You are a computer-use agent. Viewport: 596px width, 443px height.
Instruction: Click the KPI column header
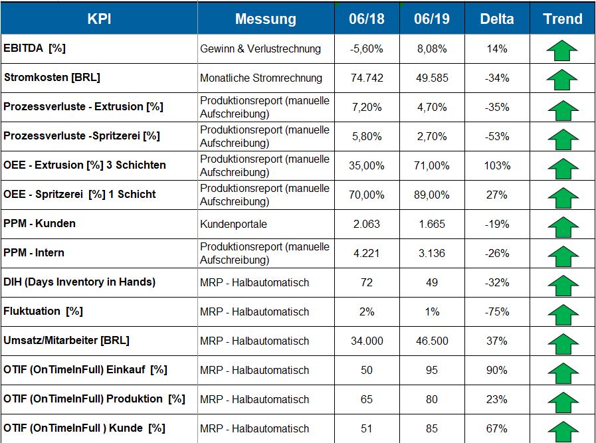click(x=99, y=19)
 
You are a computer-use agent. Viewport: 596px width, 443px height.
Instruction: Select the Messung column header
click(x=265, y=19)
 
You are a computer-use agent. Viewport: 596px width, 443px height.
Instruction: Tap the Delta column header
click(x=496, y=19)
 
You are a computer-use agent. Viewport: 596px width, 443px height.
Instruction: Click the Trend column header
click(x=562, y=19)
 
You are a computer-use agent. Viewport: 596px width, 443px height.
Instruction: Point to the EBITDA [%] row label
click(x=35, y=48)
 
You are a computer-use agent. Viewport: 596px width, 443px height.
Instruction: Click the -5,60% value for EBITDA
click(x=366, y=49)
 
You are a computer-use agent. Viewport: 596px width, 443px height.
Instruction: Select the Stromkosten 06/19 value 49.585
click(x=431, y=78)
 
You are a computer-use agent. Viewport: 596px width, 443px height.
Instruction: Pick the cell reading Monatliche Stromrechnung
click(x=260, y=78)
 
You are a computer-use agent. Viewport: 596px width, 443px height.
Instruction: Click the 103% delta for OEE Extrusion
click(x=496, y=166)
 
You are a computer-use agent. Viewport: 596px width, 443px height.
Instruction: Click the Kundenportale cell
click(x=233, y=224)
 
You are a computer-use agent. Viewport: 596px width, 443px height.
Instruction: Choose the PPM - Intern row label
click(x=34, y=253)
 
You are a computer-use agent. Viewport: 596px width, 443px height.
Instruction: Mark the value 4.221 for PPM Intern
click(x=366, y=254)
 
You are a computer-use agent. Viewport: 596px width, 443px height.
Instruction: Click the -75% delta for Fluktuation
click(x=496, y=312)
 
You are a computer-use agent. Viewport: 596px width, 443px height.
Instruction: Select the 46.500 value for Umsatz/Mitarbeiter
click(x=431, y=341)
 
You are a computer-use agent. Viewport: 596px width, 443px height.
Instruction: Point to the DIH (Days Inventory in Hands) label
click(x=79, y=282)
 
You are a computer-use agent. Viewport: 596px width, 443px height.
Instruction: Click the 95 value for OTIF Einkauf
click(x=431, y=371)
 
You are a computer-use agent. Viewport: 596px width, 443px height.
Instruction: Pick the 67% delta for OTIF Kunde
click(x=496, y=429)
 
